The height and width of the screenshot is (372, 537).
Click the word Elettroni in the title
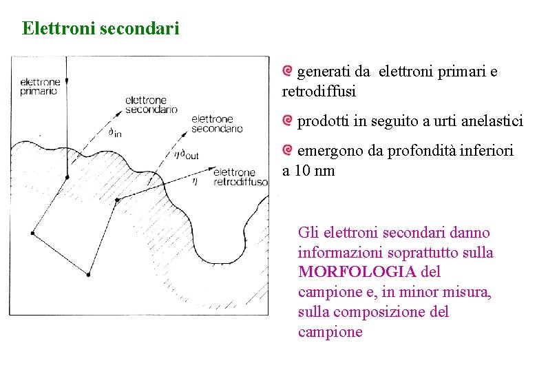point(59,28)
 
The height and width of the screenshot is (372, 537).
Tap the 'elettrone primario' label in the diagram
point(40,87)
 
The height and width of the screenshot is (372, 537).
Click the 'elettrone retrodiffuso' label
point(240,177)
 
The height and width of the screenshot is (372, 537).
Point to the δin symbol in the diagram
point(115,132)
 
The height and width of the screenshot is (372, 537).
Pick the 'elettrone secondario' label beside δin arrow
point(151,105)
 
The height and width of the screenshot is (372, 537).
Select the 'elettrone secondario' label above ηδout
point(217,123)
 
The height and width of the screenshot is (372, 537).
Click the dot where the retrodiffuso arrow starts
point(118,200)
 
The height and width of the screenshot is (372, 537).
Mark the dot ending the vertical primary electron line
point(67,178)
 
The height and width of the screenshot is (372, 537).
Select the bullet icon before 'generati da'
point(288,71)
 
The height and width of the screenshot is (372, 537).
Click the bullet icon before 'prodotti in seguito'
point(288,121)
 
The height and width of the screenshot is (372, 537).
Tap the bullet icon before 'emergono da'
point(288,149)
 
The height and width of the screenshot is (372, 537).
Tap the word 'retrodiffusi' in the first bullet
point(319,92)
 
